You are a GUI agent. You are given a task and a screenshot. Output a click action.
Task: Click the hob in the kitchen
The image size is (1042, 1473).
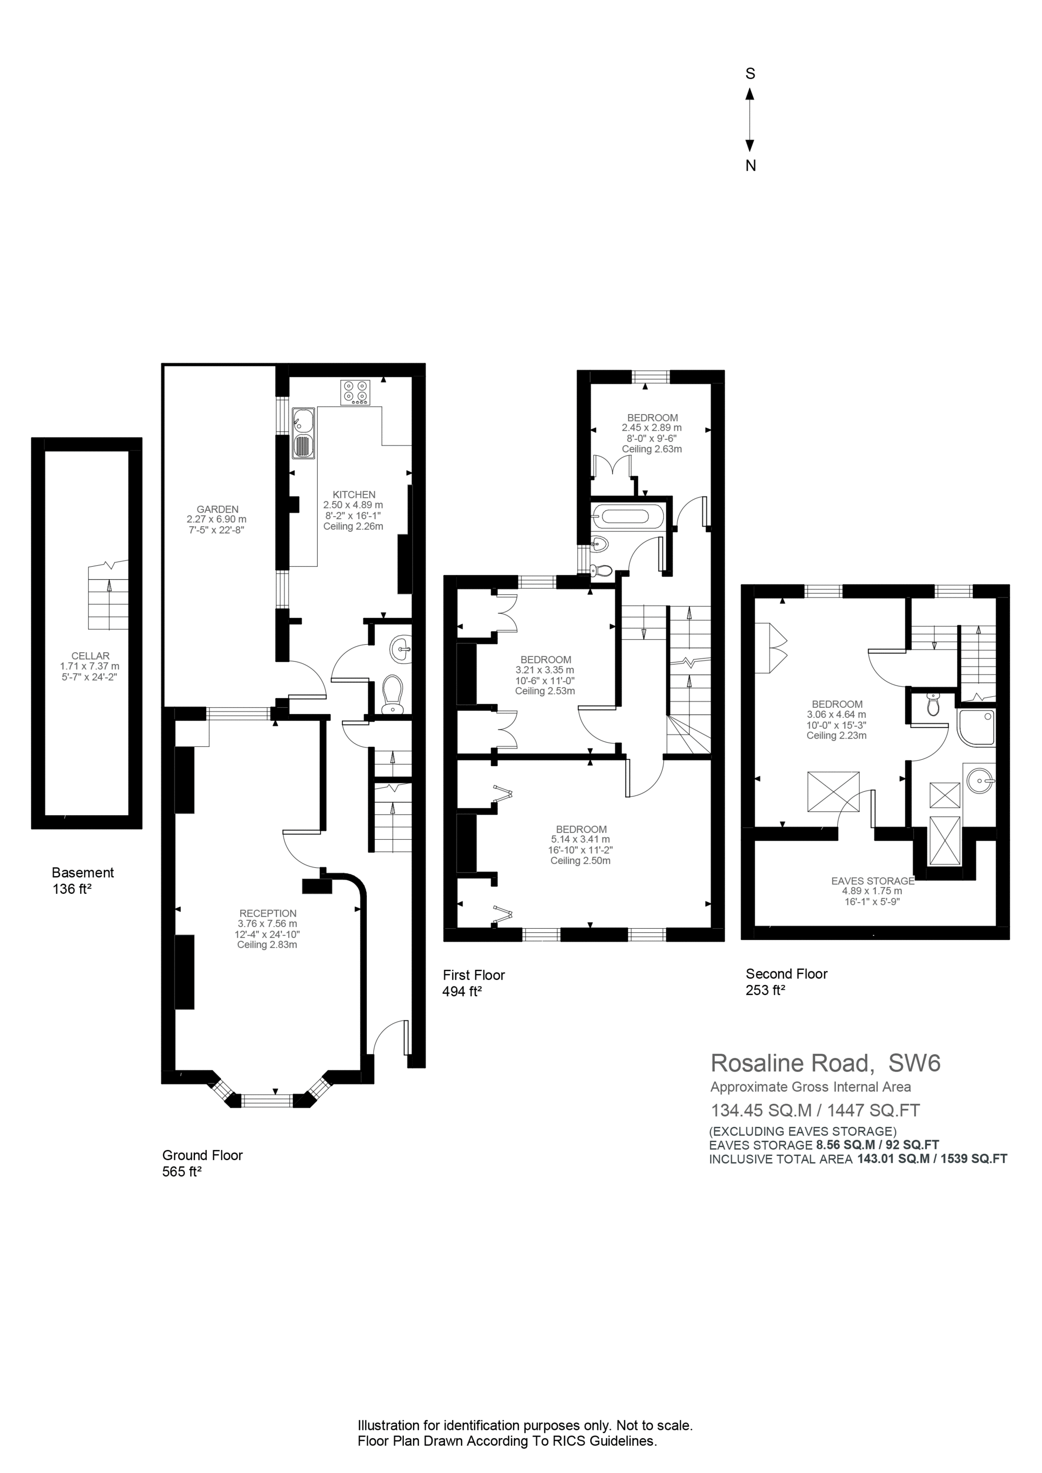(355, 392)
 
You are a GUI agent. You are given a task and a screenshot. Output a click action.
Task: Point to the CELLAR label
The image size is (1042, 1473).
(91, 656)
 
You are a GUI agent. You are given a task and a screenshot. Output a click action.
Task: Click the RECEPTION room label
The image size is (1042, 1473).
(268, 913)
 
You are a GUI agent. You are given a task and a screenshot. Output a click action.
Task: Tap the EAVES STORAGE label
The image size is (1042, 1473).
(873, 881)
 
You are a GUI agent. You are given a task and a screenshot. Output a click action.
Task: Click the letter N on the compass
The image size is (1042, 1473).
(750, 166)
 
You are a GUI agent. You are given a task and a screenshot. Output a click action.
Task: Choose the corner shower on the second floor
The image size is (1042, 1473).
(976, 728)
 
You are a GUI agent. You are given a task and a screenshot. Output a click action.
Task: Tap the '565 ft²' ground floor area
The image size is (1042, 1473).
(182, 1171)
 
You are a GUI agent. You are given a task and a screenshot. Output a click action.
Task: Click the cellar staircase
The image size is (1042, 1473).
(108, 596)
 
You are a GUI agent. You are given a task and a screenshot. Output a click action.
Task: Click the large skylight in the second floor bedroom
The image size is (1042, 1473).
(833, 792)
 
